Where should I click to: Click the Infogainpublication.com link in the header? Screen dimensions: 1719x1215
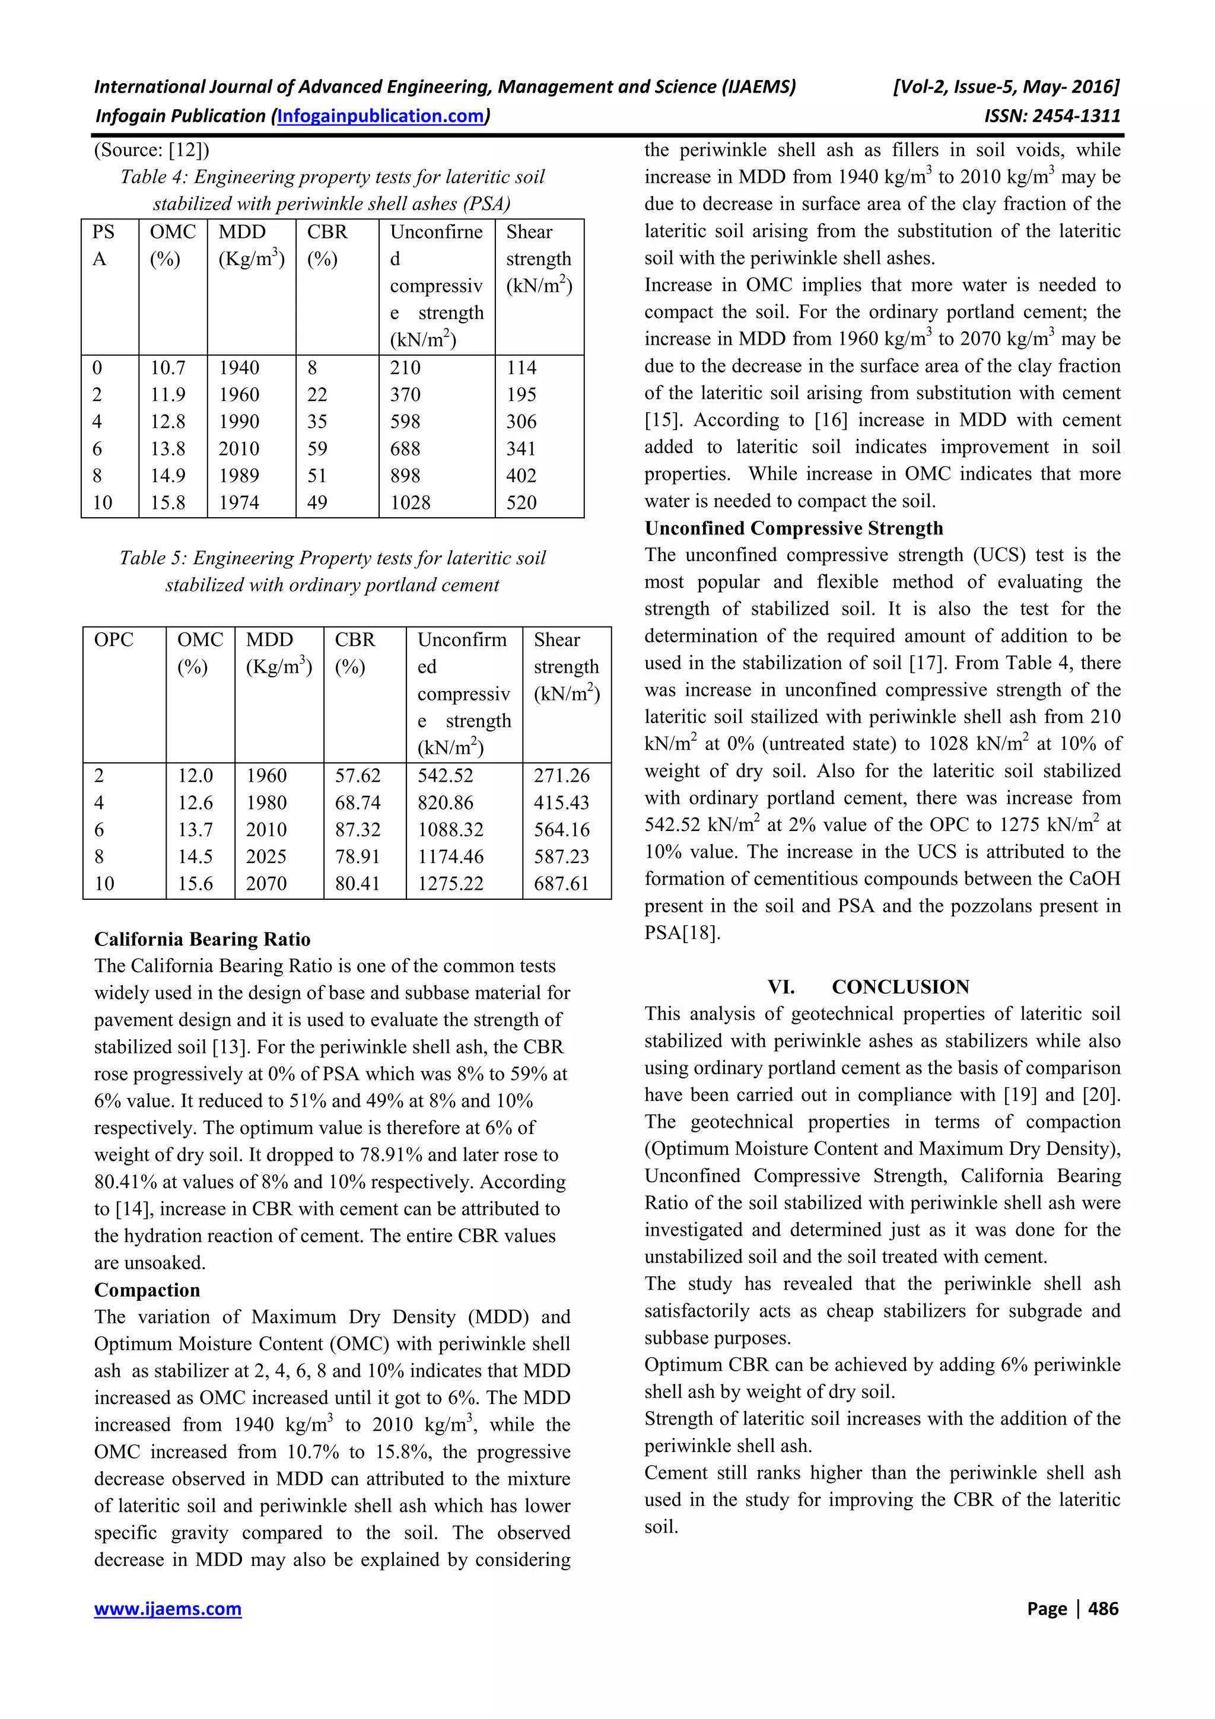381,116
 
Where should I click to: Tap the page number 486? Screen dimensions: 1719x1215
1103,1608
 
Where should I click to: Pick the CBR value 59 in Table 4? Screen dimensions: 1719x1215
317,448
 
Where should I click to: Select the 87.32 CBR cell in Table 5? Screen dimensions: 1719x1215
357,830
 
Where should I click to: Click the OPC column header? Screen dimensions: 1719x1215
114,640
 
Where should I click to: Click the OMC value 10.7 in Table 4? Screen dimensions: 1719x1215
168,368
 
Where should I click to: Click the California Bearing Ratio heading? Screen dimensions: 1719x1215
202,939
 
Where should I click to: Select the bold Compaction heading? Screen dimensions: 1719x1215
148,1290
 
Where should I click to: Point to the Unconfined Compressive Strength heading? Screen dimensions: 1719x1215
794,528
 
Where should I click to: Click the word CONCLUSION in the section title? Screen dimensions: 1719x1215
901,987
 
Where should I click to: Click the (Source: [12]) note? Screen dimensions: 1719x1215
152,149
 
